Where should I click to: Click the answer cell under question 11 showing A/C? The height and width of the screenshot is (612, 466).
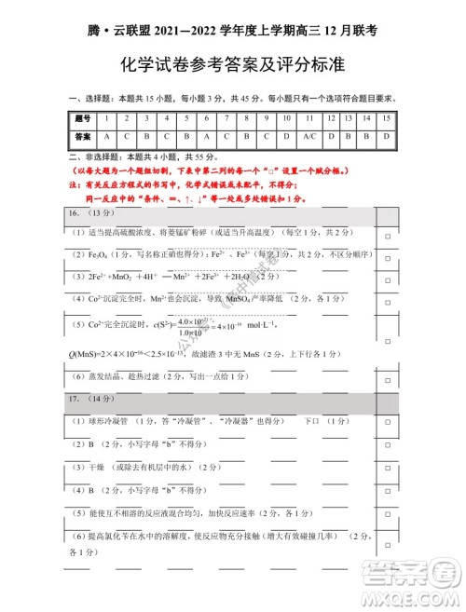click(310, 136)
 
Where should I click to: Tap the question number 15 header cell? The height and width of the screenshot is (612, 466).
click(386, 118)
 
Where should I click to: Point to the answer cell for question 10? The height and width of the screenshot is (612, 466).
click(286, 136)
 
